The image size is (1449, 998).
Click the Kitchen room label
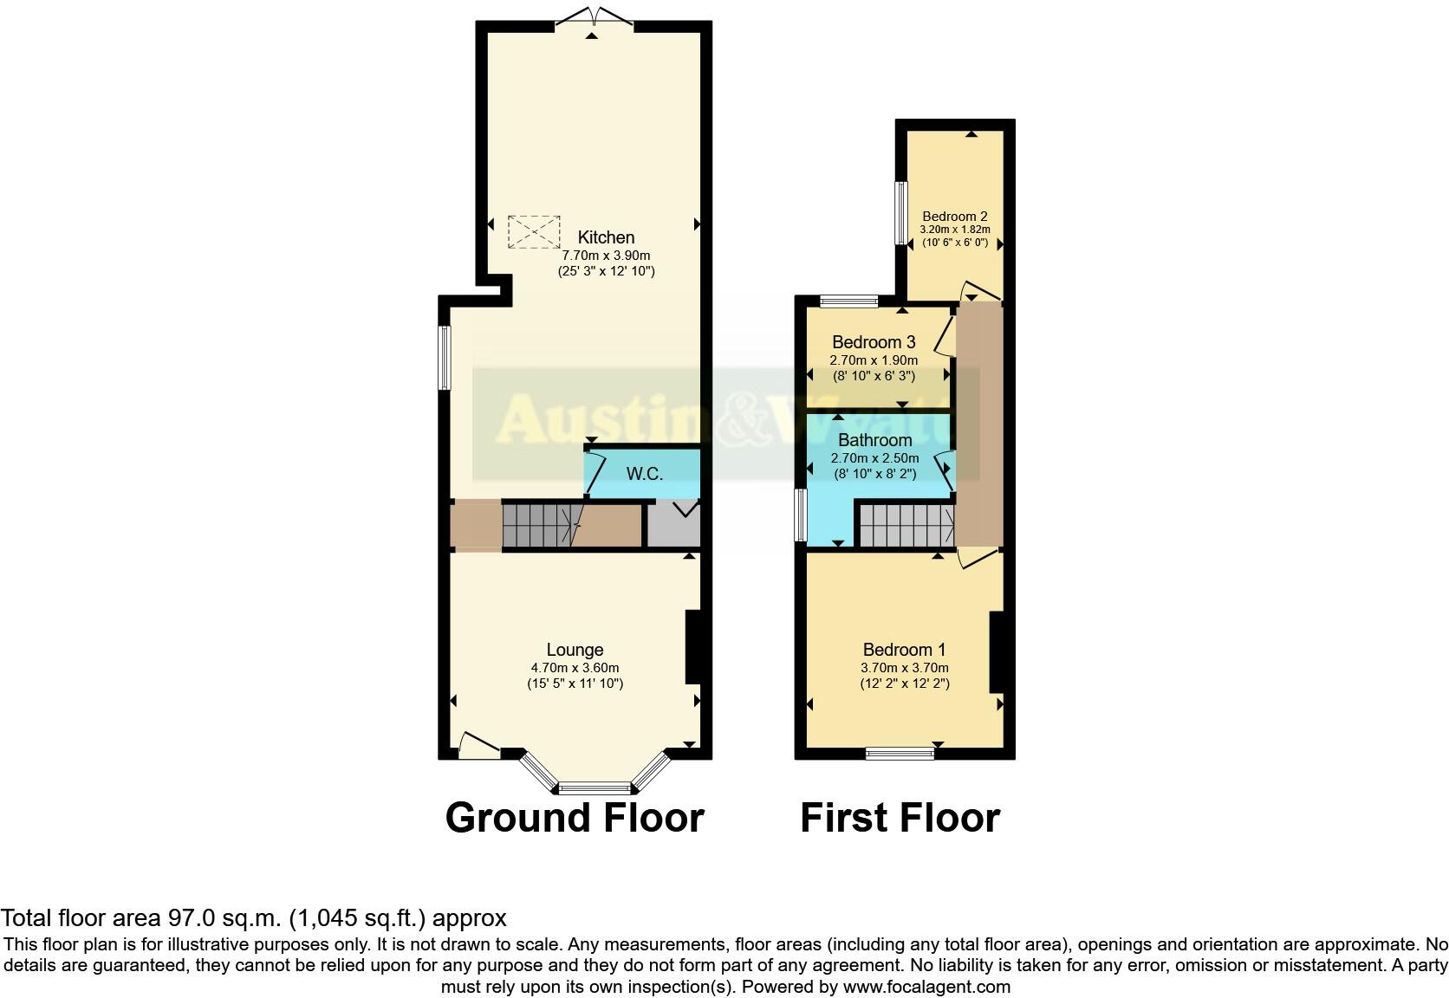pos(606,237)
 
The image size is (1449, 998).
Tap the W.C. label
pos(644,474)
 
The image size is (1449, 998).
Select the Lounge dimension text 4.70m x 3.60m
pos(575,668)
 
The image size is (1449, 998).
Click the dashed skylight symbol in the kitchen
pos(533,231)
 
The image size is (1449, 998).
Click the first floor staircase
pos(906,526)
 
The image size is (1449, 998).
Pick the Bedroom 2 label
pos(954,217)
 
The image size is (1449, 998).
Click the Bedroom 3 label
pos(874,342)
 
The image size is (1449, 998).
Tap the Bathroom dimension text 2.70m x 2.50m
pos(874,458)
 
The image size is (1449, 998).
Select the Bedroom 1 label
pos(904,650)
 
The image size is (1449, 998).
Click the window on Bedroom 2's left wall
pos(901,213)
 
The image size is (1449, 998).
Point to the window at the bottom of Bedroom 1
pos(900,754)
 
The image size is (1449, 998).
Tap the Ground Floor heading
pos(574,818)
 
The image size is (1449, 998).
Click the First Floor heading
pos(900,818)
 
